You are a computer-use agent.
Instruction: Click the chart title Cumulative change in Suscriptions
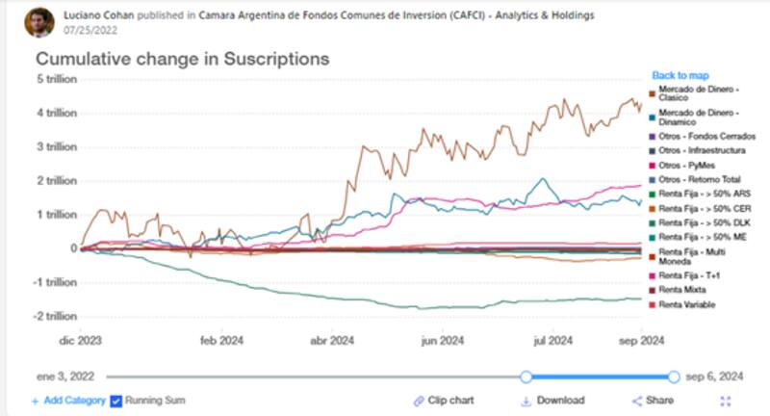tap(183, 60)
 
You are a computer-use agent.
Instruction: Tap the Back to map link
tap(680, 75)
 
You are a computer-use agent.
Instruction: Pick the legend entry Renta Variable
tap(685, 304)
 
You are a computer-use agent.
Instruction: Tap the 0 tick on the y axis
tap(70, 247)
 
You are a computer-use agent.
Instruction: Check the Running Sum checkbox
tap(117, 400)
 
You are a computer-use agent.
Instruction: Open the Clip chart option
tap(445, 401)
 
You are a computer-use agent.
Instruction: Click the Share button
tap(653, 401)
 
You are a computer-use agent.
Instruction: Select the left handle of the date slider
tap(526, 377)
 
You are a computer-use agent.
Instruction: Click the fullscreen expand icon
tap(726, 401)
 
